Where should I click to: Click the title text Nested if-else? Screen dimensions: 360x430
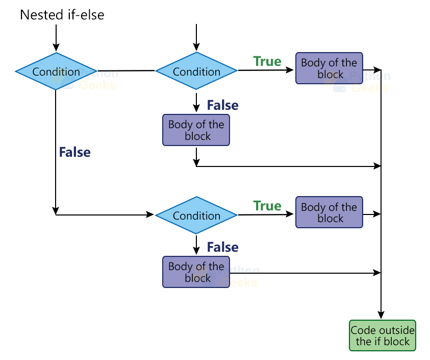[62, 15]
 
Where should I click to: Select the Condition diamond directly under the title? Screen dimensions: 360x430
[56, 71]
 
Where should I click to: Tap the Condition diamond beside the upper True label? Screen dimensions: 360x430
[196, 71]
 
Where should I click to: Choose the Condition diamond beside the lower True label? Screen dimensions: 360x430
[196, 215]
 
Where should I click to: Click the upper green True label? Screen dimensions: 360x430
[267, 62]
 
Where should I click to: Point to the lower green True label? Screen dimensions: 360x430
[267, 206]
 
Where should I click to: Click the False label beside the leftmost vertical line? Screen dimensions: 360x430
[75, 152]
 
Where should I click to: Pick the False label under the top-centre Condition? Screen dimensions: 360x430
[222, 105]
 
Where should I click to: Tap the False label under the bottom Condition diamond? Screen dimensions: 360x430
[222, 247]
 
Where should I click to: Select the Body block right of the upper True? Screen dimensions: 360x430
[329, 68]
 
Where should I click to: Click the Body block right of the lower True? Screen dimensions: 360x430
[329, 212]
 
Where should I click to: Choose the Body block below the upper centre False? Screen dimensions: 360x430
[196, 130]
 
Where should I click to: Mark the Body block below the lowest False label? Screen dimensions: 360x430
[196, 272]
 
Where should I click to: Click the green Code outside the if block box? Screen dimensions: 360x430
[383, 335]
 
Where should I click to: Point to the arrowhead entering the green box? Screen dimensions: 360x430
[381, 316]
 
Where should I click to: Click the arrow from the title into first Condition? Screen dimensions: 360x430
[56, 38]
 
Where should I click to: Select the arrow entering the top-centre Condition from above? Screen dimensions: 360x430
[196, 38]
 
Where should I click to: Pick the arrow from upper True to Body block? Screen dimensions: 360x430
[265, 70]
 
